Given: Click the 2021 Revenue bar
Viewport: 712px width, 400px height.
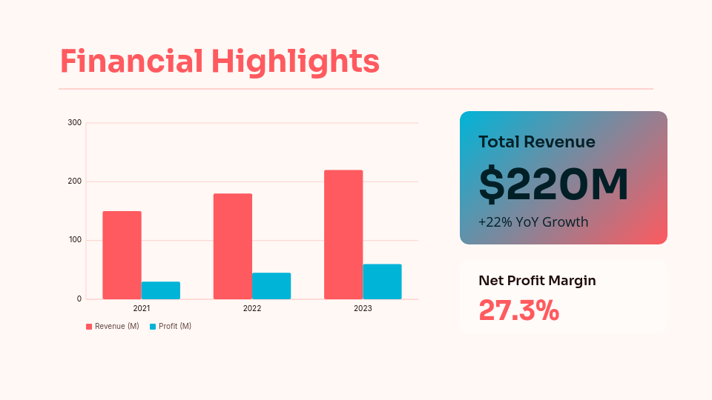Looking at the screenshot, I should click(122, 255).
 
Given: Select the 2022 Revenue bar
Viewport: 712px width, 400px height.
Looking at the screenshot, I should click(233, 246).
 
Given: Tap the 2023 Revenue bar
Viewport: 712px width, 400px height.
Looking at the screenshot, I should click(343, 234).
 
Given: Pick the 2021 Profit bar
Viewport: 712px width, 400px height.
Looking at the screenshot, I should click(161, 290).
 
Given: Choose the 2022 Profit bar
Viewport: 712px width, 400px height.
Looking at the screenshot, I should click(271, 286).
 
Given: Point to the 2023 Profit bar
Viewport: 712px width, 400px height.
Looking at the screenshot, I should click(382, 281).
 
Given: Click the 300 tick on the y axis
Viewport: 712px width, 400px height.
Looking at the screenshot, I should click(74, 122).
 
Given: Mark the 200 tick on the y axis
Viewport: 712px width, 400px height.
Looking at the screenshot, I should click(74, 181).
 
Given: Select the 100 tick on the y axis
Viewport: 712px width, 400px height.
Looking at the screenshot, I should click(74, 240).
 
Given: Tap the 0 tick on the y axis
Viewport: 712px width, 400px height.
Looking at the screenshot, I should click(79, 299).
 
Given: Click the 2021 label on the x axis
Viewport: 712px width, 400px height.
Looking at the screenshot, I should click(142, 308).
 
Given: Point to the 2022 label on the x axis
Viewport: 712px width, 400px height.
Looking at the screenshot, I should click(252, 308).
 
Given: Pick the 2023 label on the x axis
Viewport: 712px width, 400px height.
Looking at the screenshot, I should click(363, 308).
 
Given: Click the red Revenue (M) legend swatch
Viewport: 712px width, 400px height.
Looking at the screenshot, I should click(89, 327).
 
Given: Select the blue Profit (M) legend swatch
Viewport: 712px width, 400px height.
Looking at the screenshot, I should click(153, 327).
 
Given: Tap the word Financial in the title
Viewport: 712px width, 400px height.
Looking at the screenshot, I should click(131, 61).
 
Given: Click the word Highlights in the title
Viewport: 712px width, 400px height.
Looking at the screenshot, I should click(295, 61).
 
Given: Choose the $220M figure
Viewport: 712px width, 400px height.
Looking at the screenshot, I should click(553, 184).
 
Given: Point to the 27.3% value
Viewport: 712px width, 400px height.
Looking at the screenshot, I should click(518, 310).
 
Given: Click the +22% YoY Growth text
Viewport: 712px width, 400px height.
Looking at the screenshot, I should click(533, 221).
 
